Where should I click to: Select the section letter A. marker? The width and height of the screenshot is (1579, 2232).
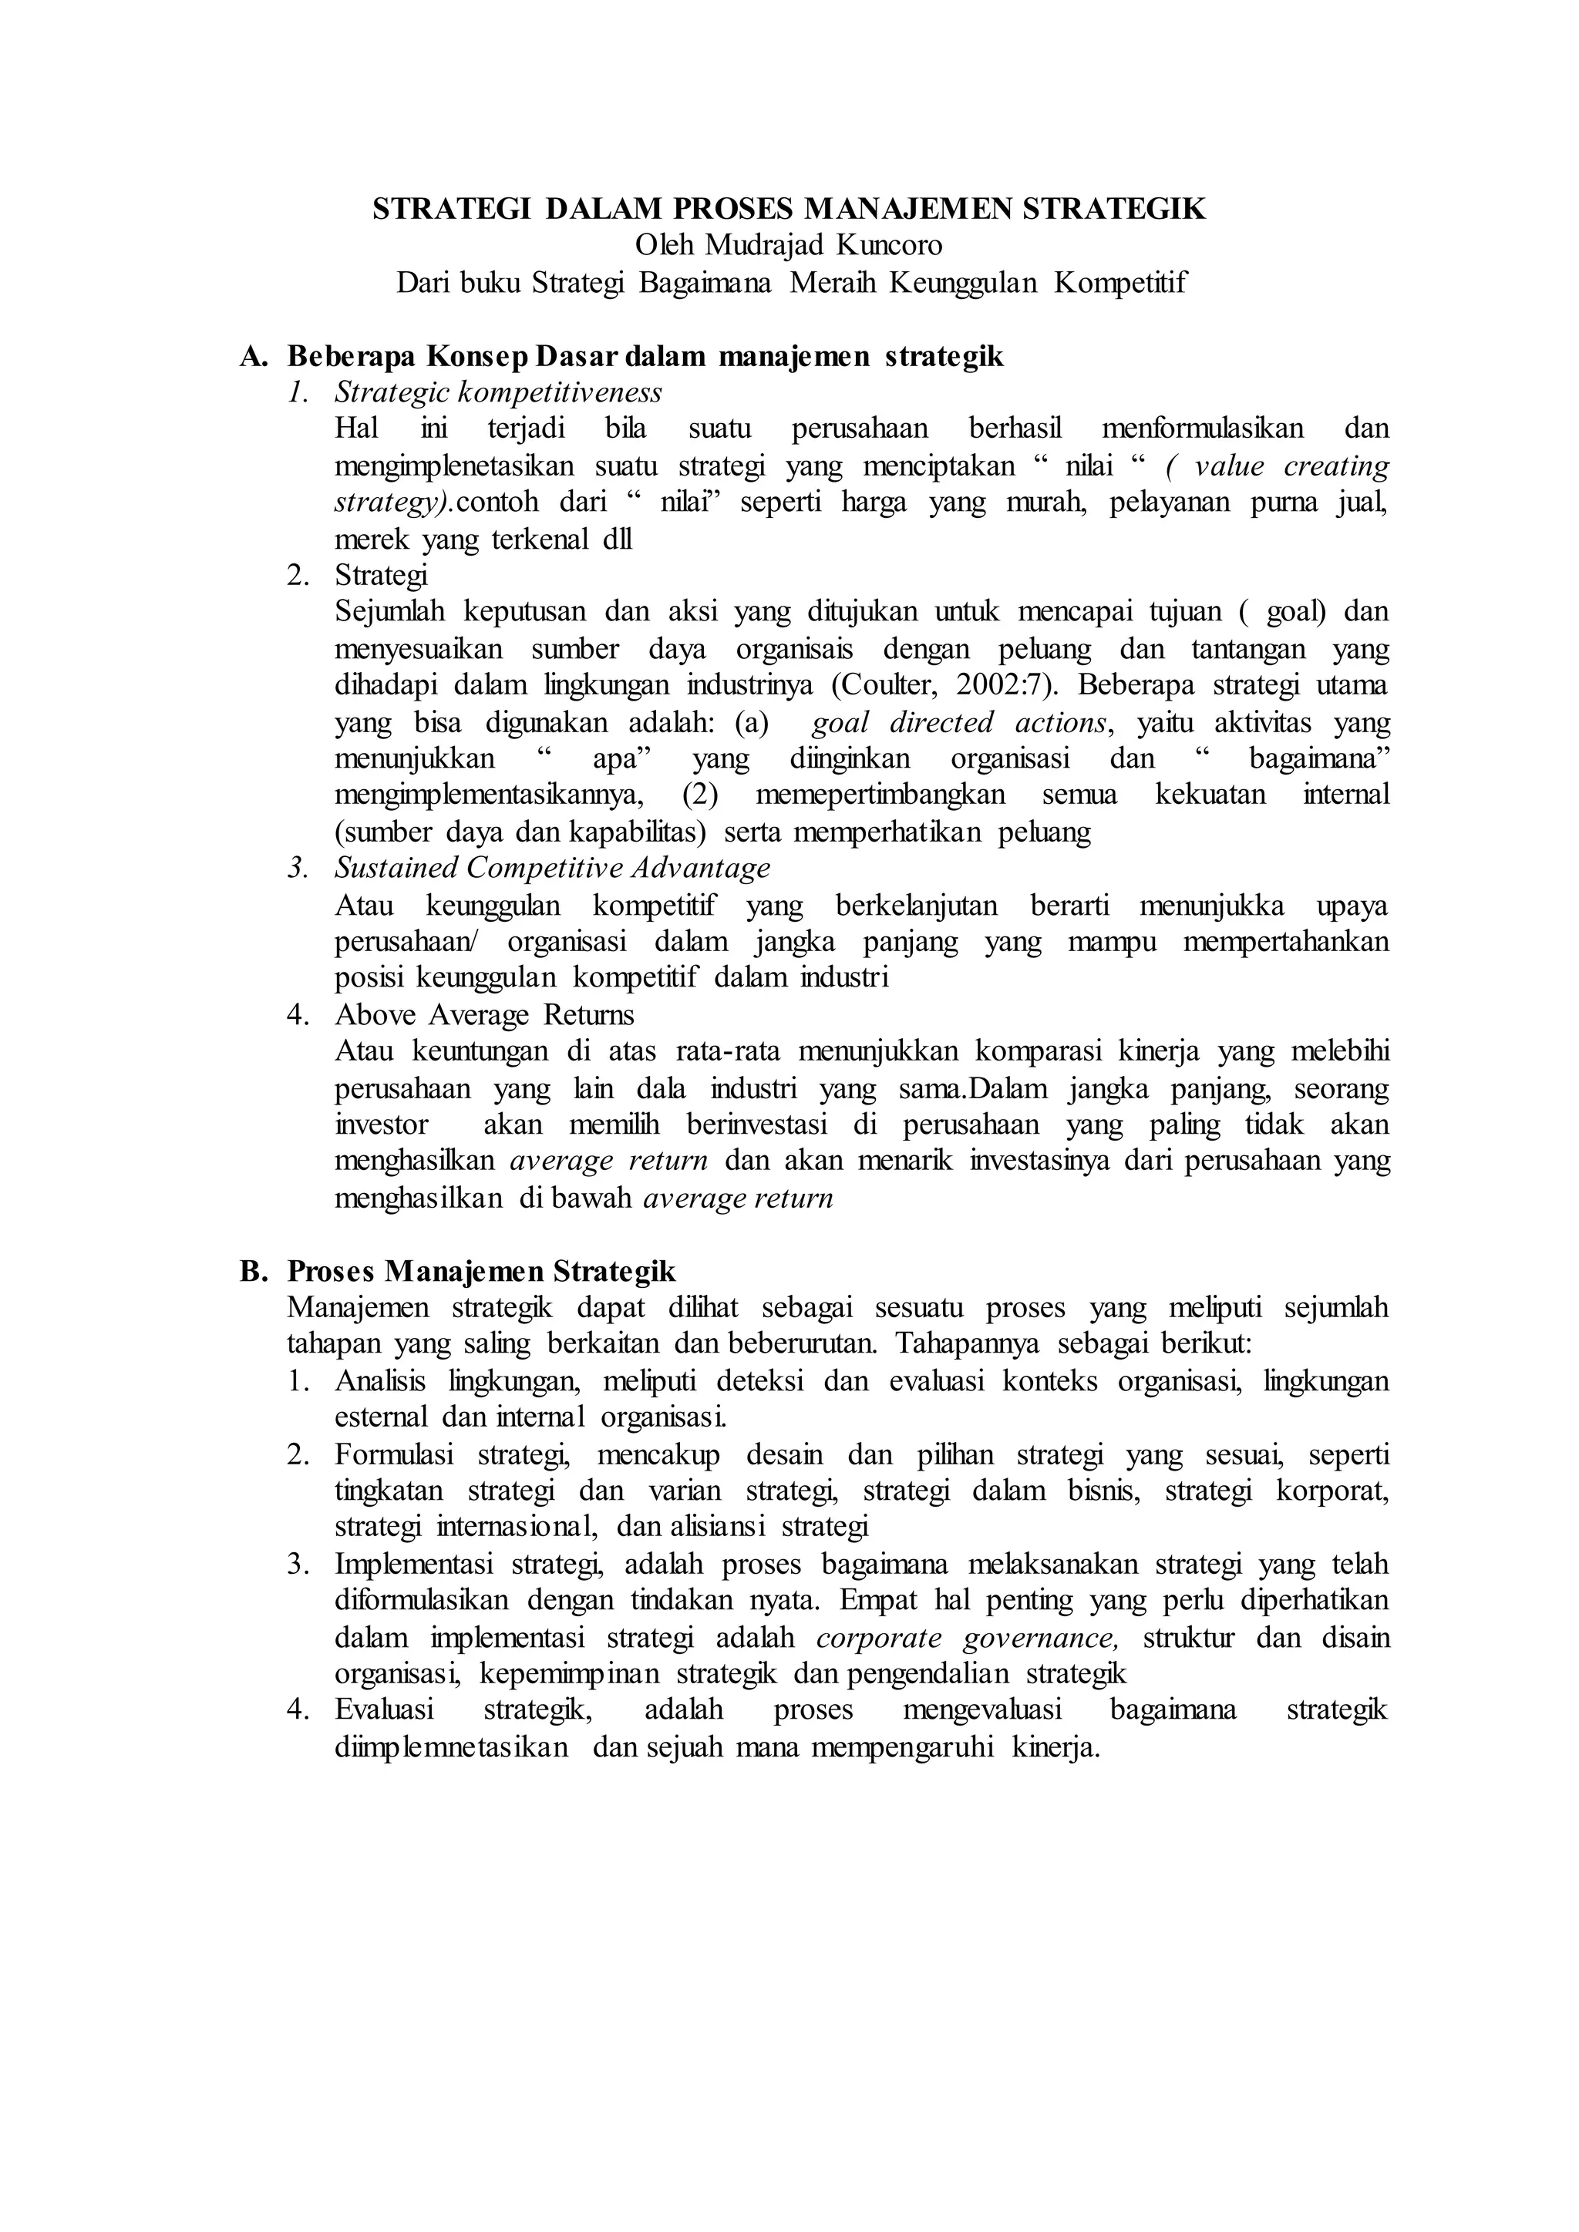(x=253, y=357)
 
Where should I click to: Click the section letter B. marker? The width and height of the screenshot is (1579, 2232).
(x=253, y=1271)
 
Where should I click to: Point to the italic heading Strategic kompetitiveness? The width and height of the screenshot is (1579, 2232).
(x=498, y=393)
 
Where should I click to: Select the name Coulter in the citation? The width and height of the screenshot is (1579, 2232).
(x=889, y=685)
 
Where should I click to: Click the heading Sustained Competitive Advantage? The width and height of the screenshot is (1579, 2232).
(x=552, y=867)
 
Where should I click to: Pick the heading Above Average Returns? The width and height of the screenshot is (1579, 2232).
(x=484, y=1015)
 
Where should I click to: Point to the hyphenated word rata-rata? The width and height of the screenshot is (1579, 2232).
(x=715, y=1052)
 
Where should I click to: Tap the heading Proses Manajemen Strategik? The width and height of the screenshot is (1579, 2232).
(x=481, y=1271)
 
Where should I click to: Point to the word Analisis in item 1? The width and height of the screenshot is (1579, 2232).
(x=384, y=1381)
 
